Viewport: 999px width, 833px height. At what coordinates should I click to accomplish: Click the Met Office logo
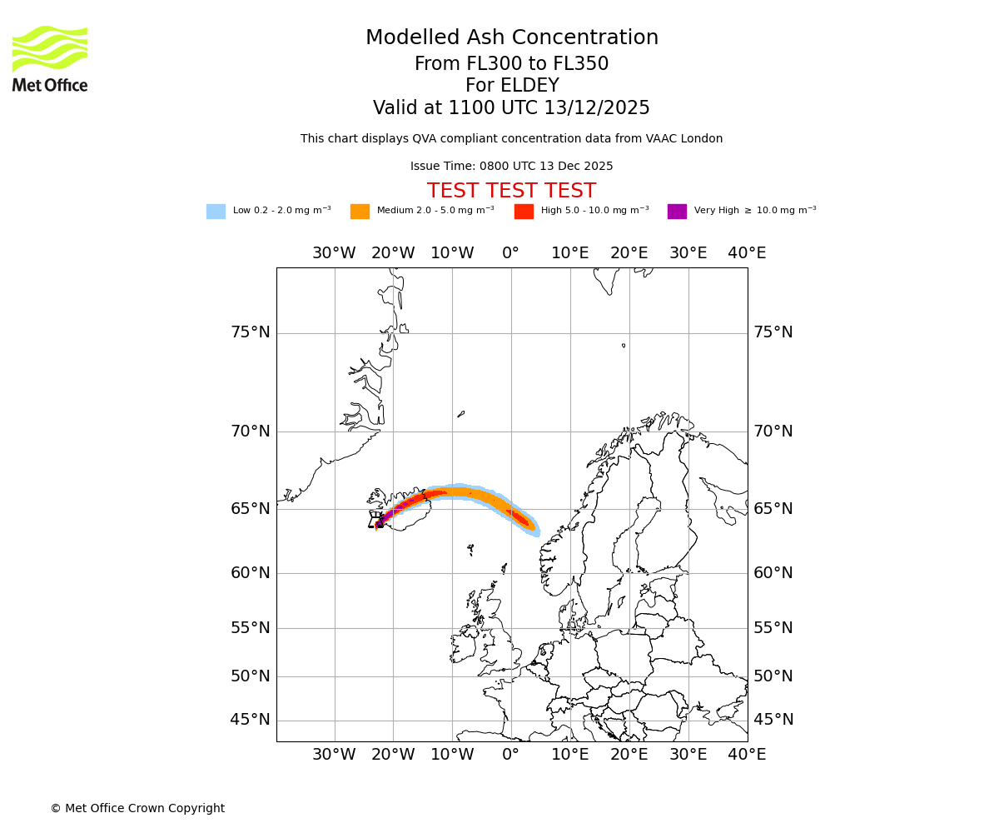[x=50, y=58]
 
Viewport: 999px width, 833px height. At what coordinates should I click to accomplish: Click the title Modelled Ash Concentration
[x=512, y=38]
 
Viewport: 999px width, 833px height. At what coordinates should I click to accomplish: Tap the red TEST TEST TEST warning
[x=511, y=192]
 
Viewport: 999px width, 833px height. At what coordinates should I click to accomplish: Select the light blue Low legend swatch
[x=216, y=212]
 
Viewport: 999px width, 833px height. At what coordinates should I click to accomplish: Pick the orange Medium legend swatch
[x=360, y=212]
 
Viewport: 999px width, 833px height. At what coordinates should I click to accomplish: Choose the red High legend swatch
[x=524, y=212]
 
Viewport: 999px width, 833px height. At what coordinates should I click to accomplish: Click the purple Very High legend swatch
[x=677, y=212]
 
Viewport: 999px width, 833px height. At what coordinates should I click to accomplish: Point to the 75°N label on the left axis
[x=251, y=332]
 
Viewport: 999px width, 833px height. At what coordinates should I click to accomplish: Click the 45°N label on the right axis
[x=773, y=720]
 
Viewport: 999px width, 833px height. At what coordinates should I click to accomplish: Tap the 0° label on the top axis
[x=511, y=253]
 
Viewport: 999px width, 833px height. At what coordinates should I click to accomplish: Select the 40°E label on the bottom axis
[x=747, y=755]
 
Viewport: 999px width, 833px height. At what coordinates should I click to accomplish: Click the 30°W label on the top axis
[x=334, y=253]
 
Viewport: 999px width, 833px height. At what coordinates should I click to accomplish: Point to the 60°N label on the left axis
[x=251, y=573]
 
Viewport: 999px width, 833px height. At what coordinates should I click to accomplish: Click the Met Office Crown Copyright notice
[x=137, y=809]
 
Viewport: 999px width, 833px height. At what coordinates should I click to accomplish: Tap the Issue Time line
[x=511, y=167]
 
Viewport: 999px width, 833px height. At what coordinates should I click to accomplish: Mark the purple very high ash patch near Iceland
[x=382, y=519]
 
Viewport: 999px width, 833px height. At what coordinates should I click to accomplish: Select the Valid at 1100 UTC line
[x=511, y=108]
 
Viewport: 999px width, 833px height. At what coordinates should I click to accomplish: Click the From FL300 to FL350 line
[x=511, y=64]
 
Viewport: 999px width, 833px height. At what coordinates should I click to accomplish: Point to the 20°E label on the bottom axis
[x=629, y=755]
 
